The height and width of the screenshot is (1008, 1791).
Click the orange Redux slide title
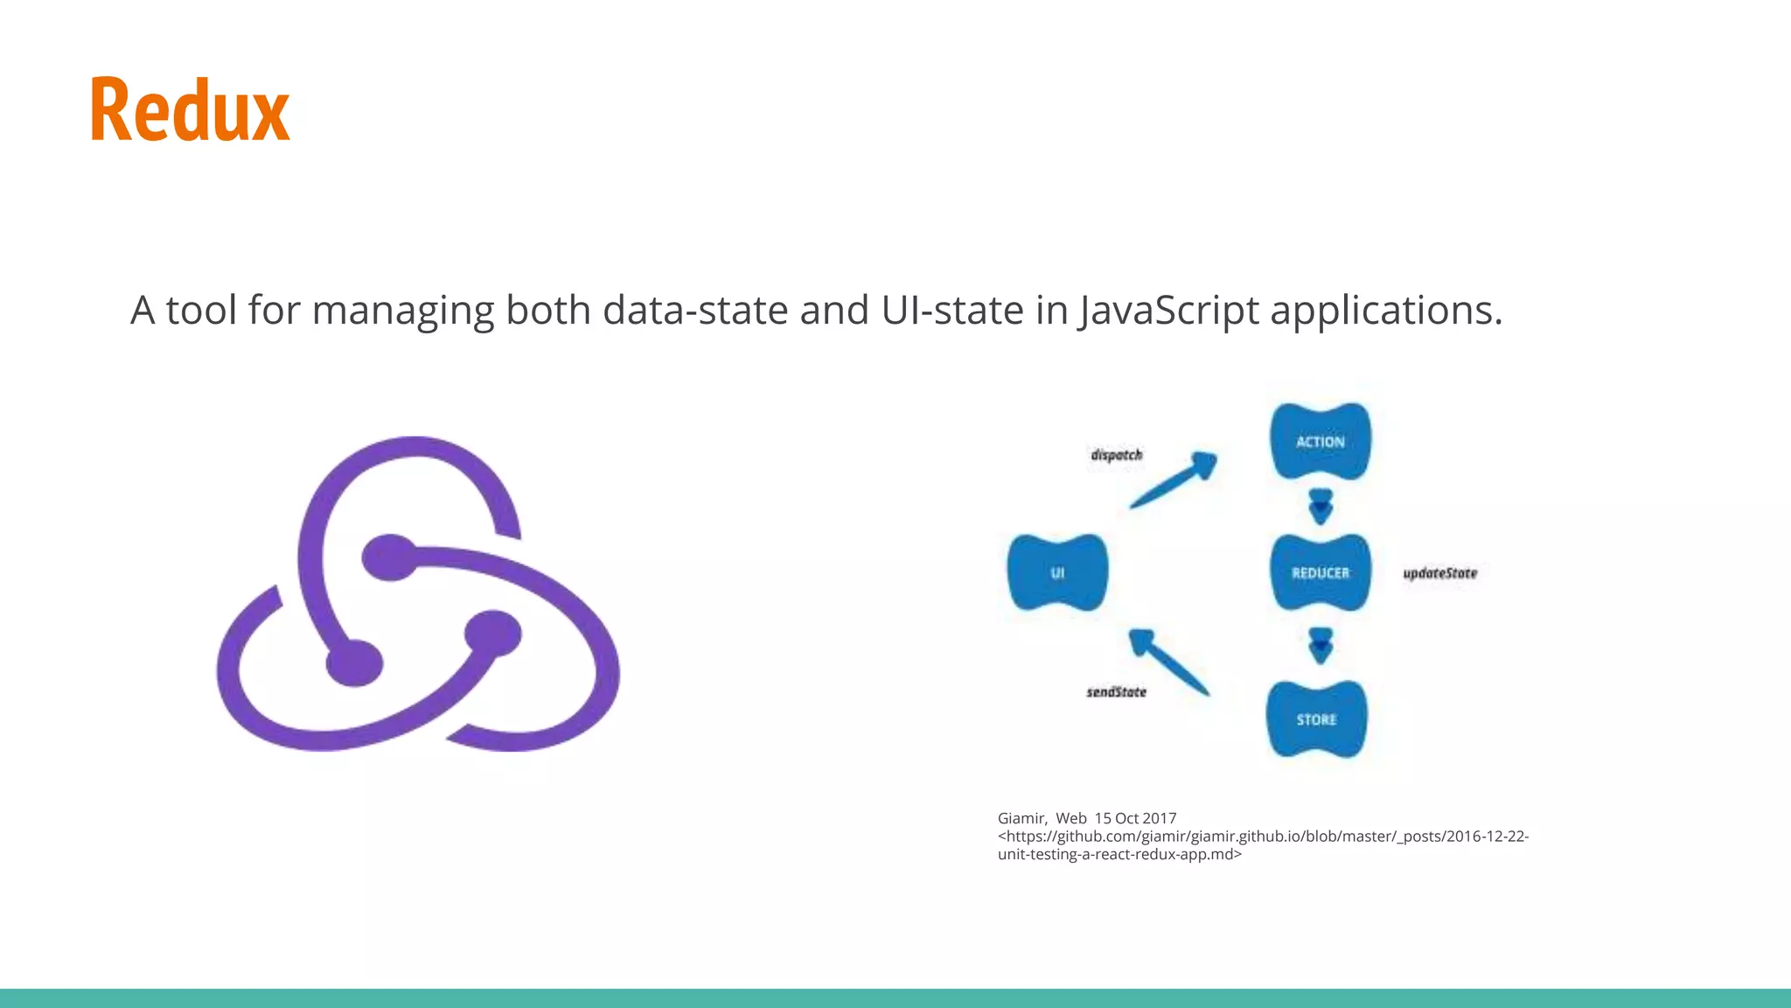point(190,110)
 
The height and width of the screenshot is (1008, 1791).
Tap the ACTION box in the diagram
point(1321,441)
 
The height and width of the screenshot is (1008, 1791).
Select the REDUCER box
point(1321,572)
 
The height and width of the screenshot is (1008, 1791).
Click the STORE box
point(1316,719)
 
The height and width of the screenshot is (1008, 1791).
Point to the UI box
point(1057,572)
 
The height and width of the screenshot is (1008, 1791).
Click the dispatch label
point(1116,455)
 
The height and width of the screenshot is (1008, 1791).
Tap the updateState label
point(1439,573)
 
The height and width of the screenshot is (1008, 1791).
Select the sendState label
point(1116,692)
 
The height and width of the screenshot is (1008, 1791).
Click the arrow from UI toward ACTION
point(1174,480)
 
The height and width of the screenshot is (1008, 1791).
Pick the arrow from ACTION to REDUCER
point(1321,507)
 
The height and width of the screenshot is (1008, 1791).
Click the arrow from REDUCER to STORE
point(1321,646)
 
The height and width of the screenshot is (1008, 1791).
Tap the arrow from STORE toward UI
point(1168,662)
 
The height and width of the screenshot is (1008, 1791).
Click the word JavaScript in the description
point(1167,311)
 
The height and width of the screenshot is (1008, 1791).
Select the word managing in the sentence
point(403,311)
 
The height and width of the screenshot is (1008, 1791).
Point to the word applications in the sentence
point(1385,311)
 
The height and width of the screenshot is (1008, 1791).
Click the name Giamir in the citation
point(1021,818)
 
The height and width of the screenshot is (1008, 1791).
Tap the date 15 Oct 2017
point(1135,818)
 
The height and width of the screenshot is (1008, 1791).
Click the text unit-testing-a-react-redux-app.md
point(1119,854)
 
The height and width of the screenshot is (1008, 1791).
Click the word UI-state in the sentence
point(952,311)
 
